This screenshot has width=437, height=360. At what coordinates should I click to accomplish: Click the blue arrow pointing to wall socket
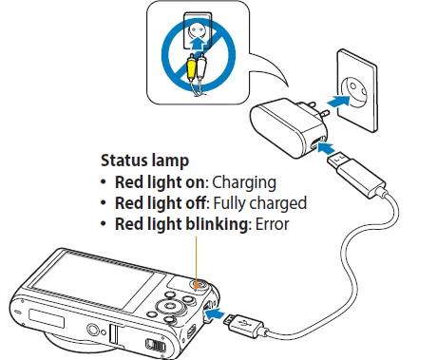[330, 99]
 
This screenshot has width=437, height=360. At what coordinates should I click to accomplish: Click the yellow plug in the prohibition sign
[194, 69]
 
